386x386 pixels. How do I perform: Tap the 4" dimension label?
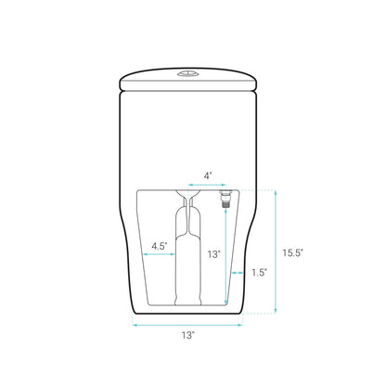click(x=208, y=174)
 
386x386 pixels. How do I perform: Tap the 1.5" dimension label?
click(x=260, y=272)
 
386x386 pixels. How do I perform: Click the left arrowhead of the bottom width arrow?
click(x=135, y=325)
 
